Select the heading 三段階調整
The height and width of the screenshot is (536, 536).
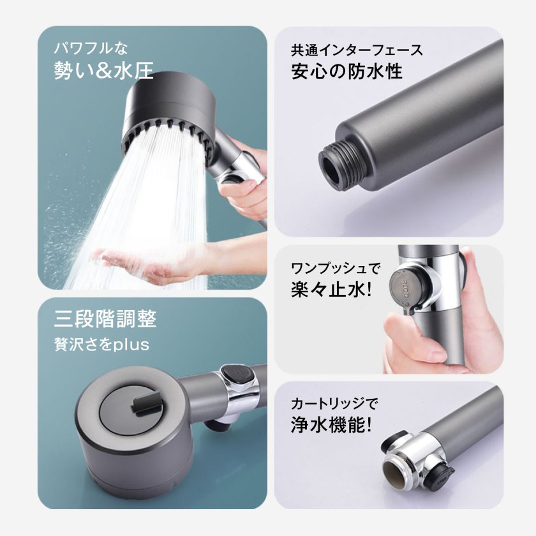coord(105,318)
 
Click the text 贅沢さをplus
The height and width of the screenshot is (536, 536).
coord(101,345)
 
